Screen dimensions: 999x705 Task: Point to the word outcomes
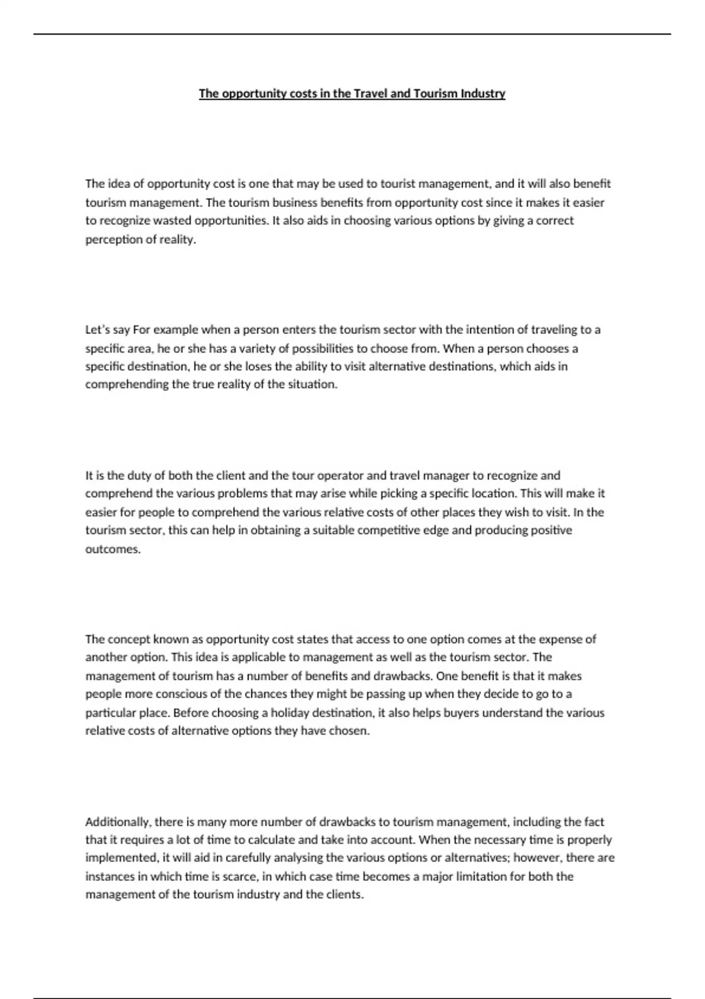113,549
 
